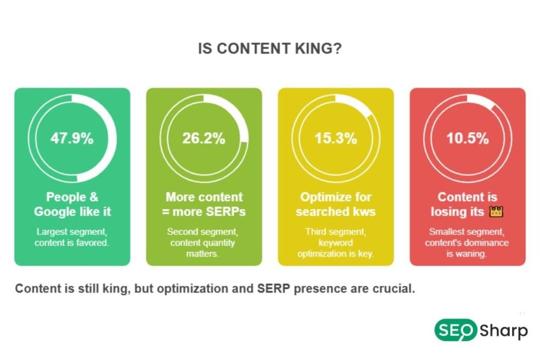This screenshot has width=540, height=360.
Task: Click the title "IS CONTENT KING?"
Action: [x=269, y=48]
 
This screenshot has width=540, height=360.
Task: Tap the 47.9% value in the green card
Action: [x=72, y=139]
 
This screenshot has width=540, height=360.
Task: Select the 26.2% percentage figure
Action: [x=204, y=139]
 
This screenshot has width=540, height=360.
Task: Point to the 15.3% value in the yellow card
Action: [x=336, y=139]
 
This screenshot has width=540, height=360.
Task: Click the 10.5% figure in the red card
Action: [x=468, y=139]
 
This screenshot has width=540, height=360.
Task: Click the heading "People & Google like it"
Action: [x=72, y=205]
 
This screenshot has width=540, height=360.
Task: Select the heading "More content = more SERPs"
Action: [x=204, y=205]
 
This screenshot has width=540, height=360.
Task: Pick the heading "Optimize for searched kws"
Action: [x=336, y=205]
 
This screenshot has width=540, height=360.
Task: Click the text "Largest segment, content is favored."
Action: [x=72, y=237]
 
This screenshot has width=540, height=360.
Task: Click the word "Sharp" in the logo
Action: [x=504, y=331]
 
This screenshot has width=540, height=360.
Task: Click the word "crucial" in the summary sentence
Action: [x=393, y=289]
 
